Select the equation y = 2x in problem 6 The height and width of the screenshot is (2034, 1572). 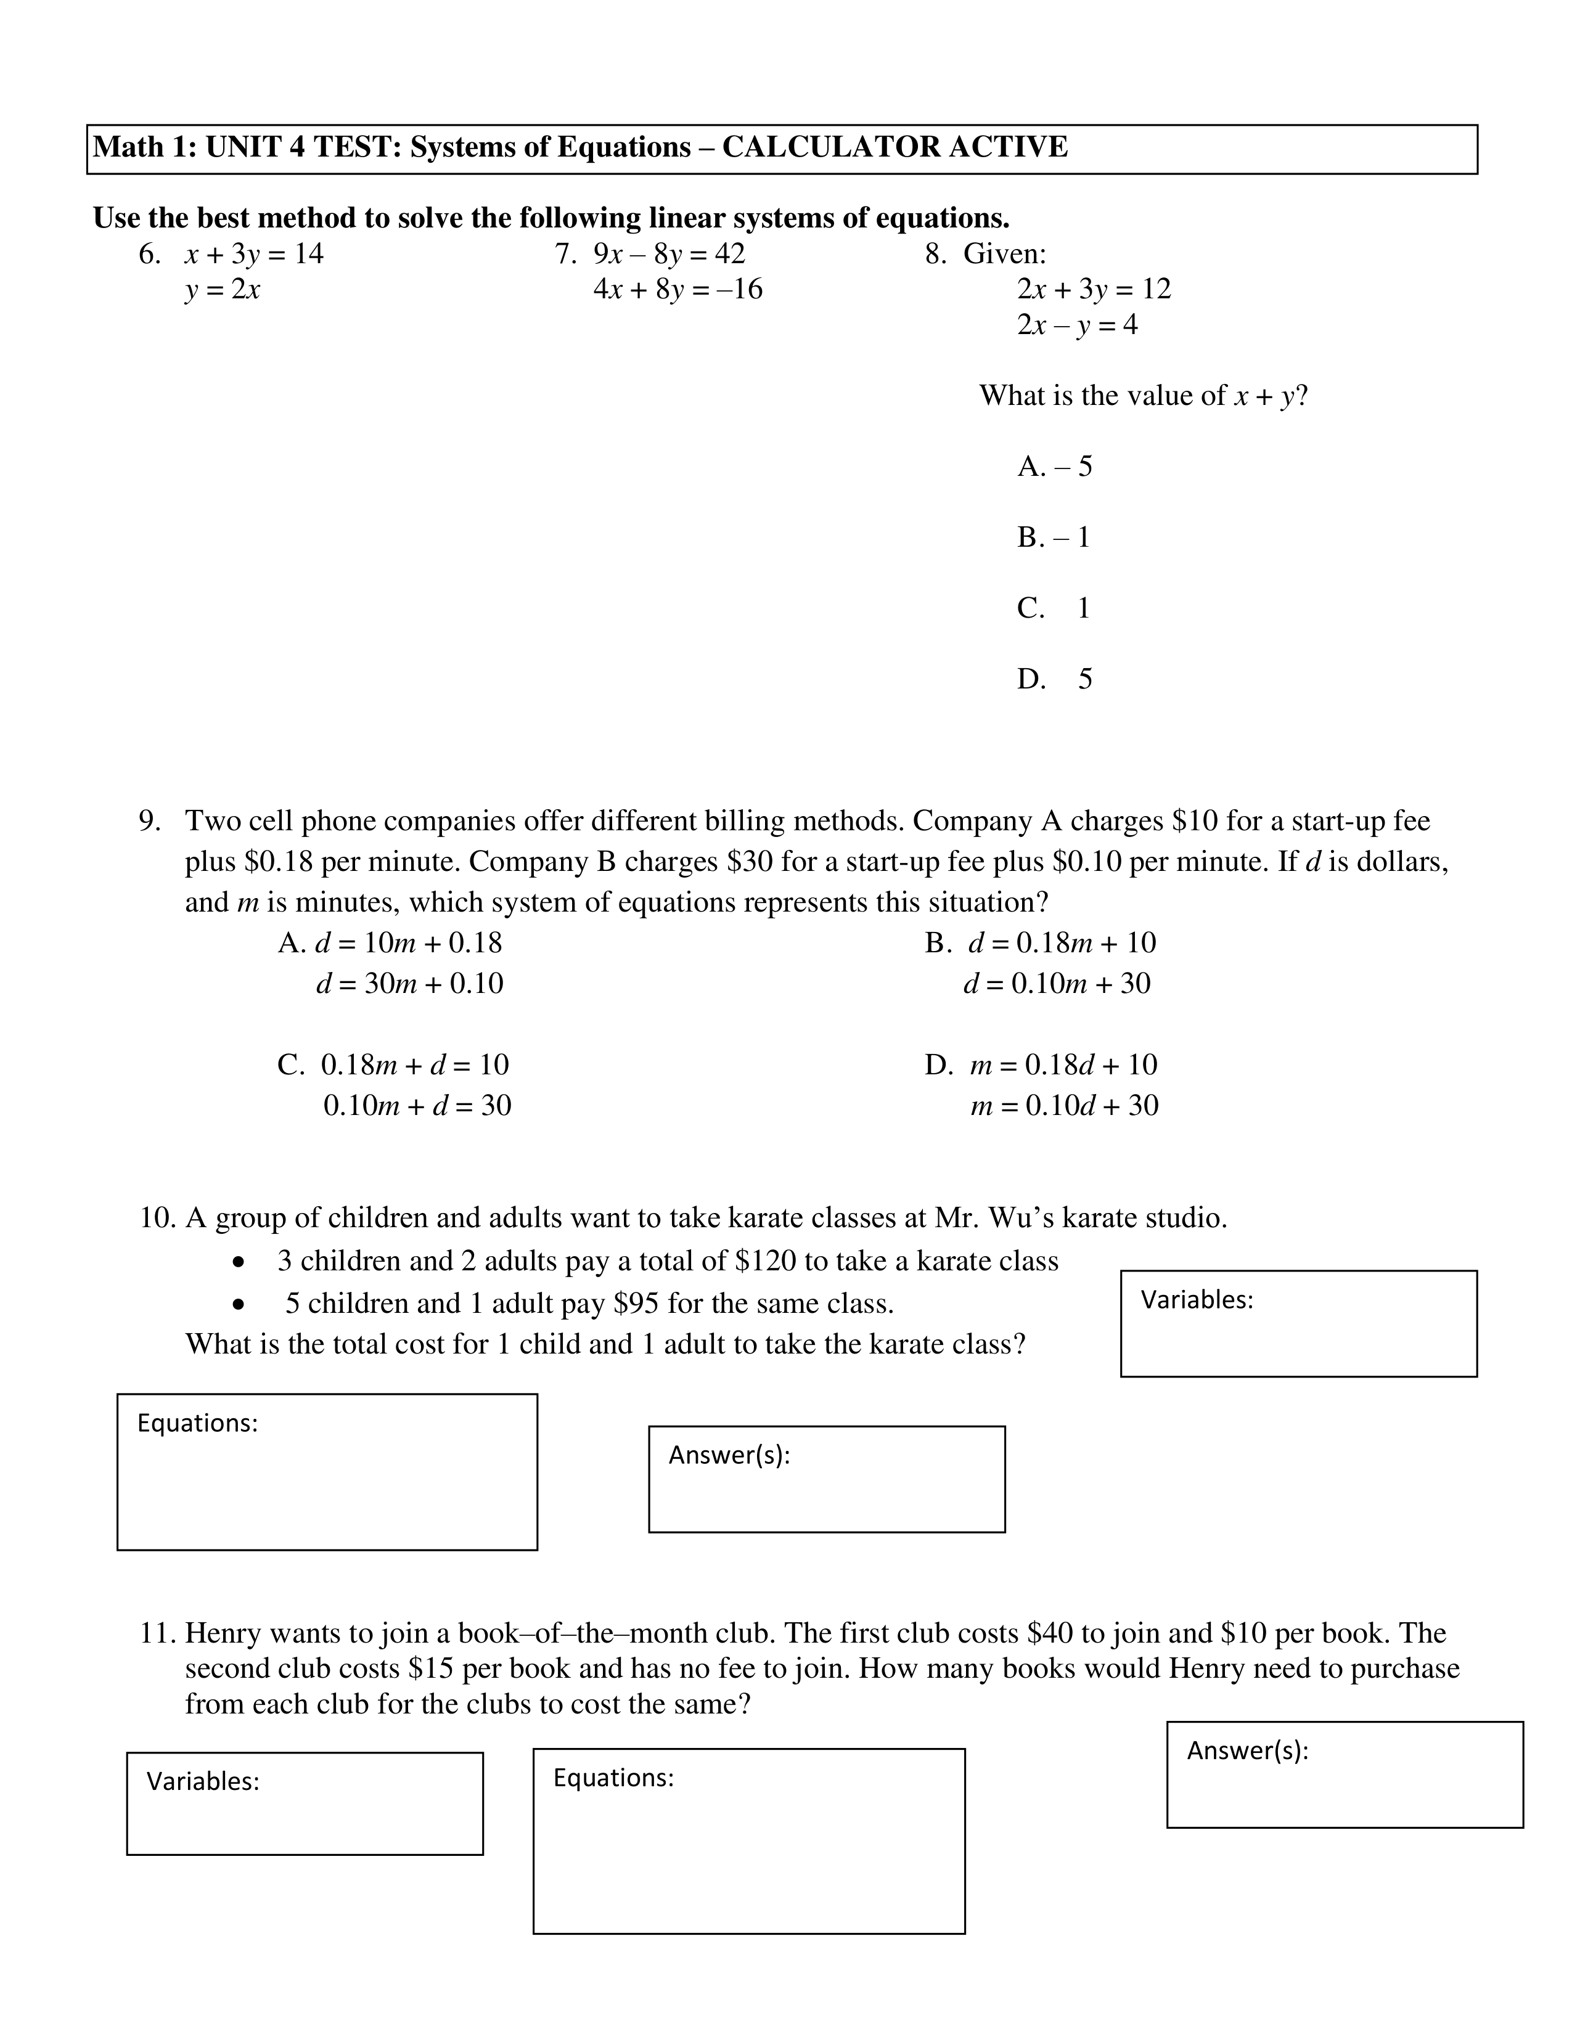click(x=222, y=290)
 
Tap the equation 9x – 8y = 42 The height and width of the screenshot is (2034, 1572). click(x=669, y=253)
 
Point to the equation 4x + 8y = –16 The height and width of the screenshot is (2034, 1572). click(x=677, y=290)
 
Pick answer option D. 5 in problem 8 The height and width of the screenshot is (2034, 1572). click(x=1054, y=679)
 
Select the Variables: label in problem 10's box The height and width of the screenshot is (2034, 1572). click(x=1197, y=1299)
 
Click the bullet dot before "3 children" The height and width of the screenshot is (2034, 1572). click(x=240, y=1263)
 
